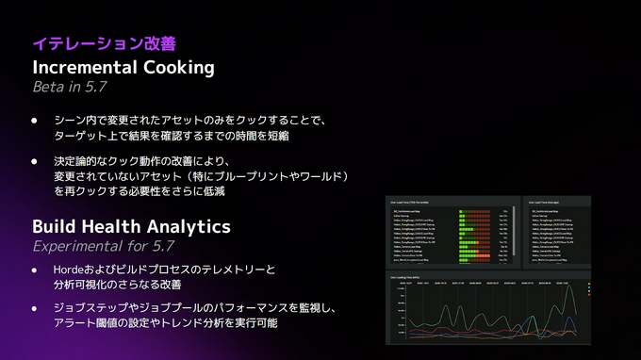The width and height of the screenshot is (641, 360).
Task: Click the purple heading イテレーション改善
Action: coord(104,43)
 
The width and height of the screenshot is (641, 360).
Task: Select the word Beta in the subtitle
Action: coord(50,88)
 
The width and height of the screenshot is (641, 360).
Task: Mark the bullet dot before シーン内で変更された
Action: coord(36,121)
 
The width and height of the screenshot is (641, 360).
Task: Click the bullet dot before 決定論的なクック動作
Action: coord(36,162)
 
